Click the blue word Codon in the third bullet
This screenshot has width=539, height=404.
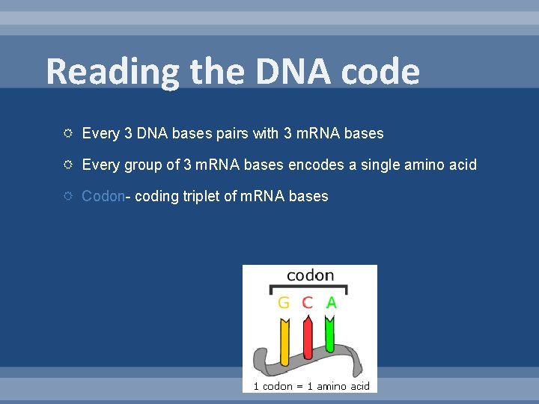coord(103,196)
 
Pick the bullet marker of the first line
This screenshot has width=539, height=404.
coord(67,134)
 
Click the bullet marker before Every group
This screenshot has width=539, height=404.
coord(67,165)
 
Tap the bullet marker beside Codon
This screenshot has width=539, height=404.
coord(67,196)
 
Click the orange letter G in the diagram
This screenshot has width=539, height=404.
coord(284,303)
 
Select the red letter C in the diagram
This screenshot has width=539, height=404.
coord(307,303)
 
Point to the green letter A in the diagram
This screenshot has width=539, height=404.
coord(330,303)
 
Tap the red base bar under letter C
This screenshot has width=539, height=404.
coord(306,340)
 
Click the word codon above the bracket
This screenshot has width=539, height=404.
coord(310,275)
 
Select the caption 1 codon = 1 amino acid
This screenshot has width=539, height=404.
coord(311,386)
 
